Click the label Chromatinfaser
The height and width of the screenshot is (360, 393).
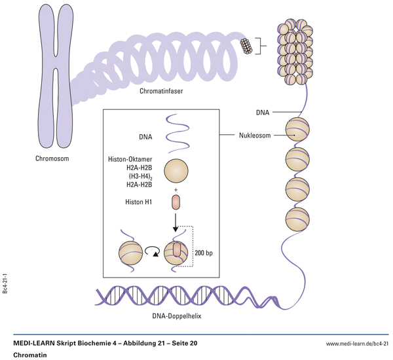click(x=161, y=91)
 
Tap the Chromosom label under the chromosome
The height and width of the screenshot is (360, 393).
click(x=52, y=158)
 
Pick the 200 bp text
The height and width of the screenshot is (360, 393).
click(x=204, y=253)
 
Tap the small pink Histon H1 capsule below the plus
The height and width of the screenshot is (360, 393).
click(x=176, y=202)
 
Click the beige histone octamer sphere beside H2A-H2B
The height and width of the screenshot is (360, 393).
click(x=176, y=171)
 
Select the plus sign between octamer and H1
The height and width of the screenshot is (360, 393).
click(x=176, y=189)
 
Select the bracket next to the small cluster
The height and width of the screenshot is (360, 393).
click(x=261, y=45)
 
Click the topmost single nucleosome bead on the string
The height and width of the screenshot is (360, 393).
click(x=296, y=130)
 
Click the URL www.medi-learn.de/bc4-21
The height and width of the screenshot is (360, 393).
click(x=357, y=343)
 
